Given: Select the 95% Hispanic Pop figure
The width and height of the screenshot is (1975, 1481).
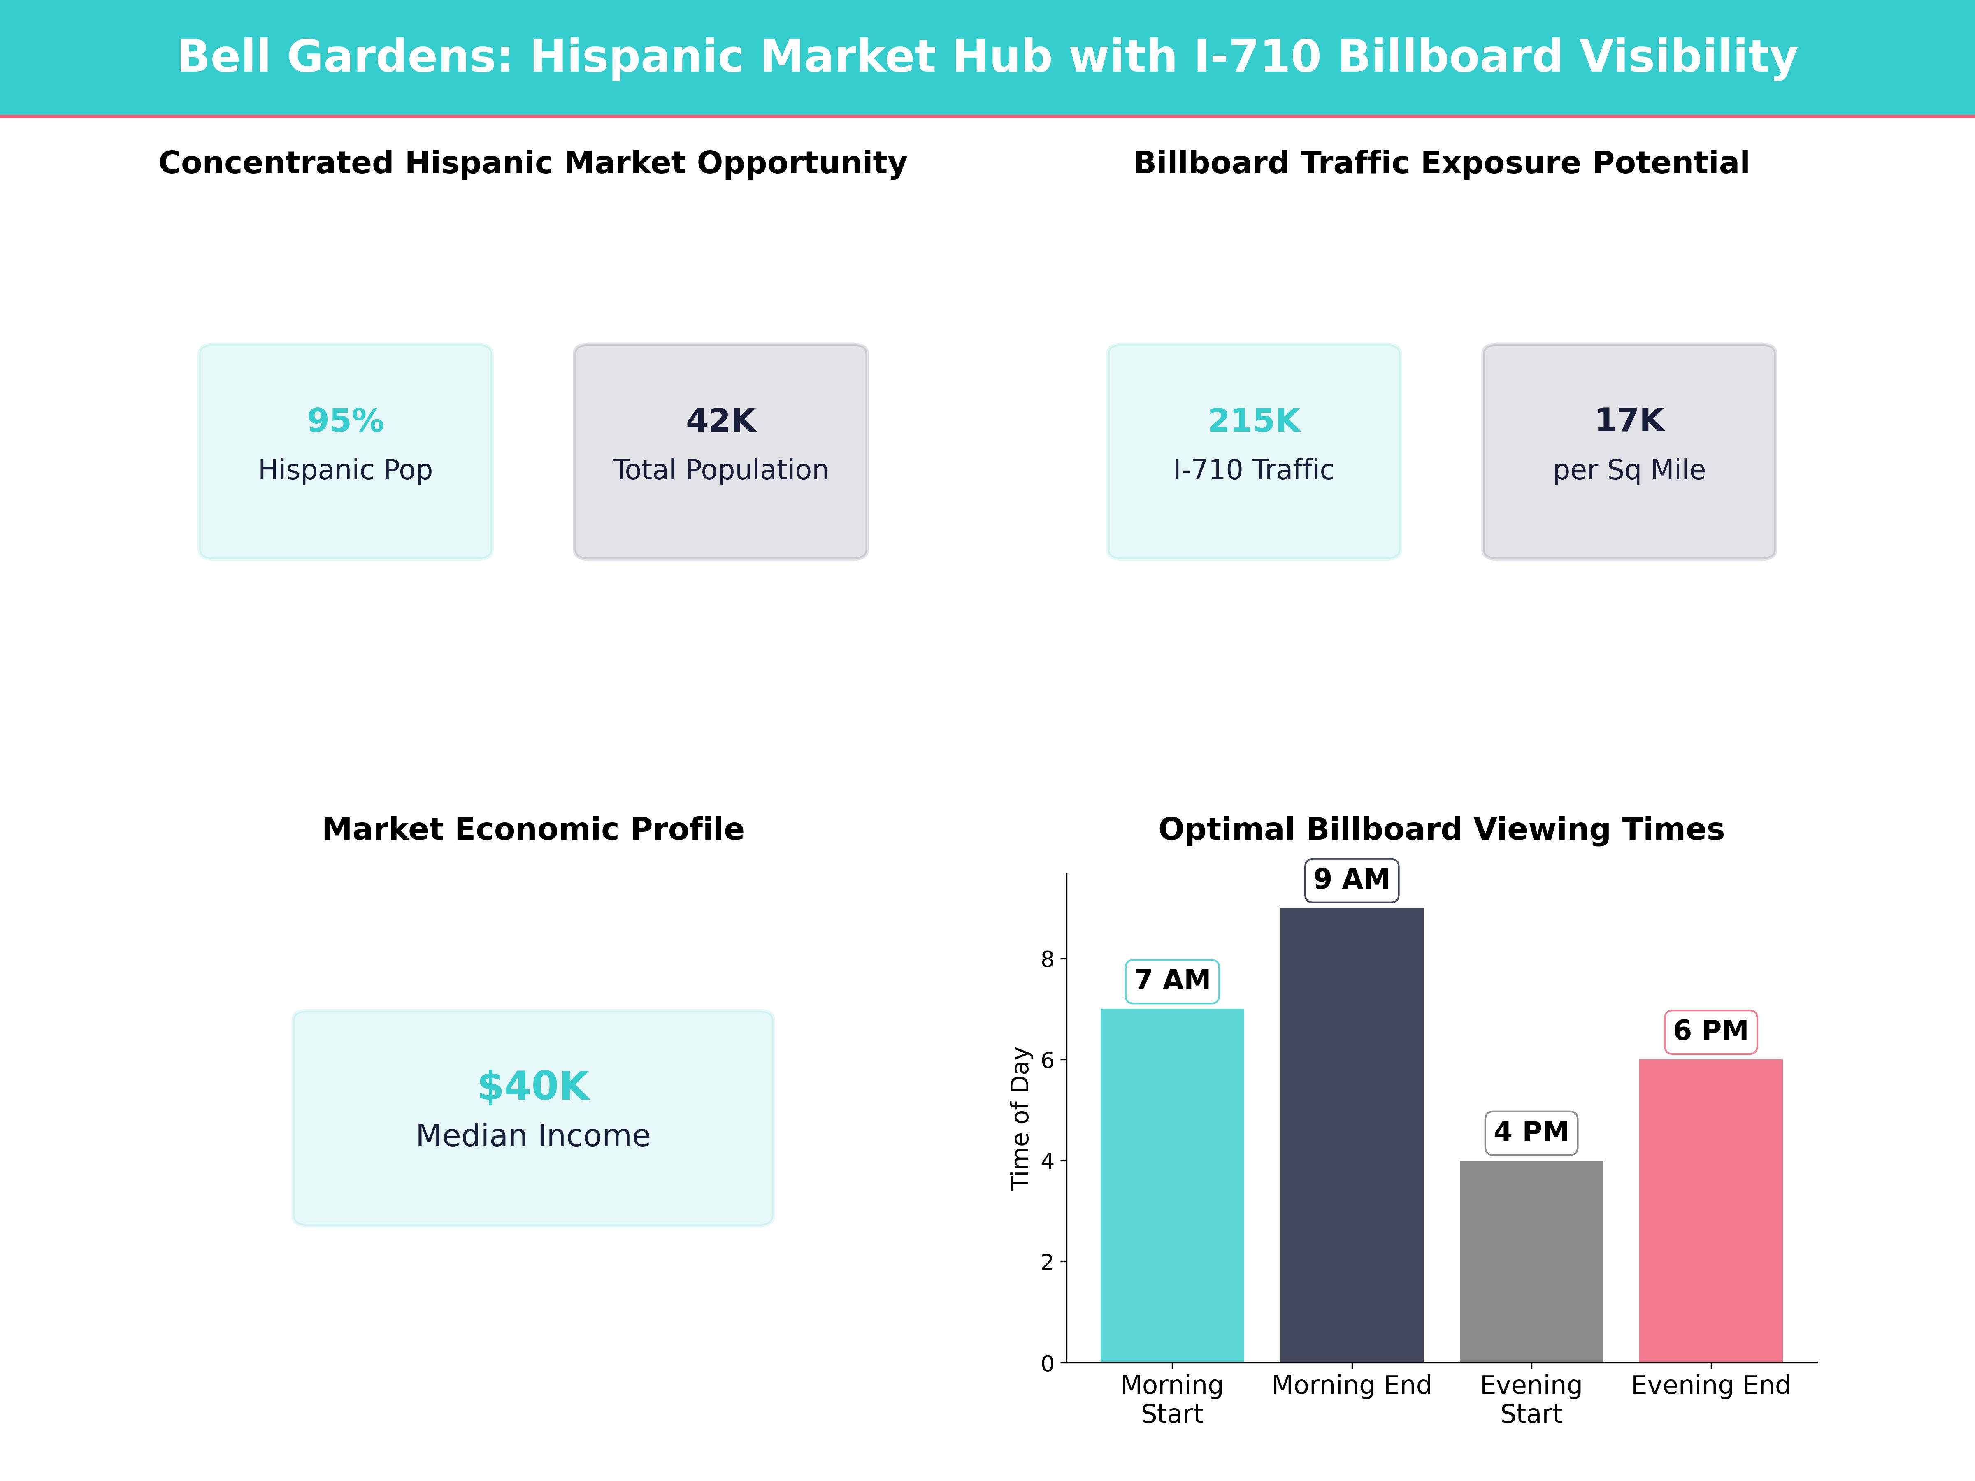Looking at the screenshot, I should tap(346, 420).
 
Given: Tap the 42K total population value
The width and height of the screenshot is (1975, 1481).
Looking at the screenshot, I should tap(720, 420).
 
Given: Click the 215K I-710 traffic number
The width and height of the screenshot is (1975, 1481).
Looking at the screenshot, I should tap(1254, 420).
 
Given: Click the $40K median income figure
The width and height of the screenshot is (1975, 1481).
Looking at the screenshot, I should tap(533, 1086).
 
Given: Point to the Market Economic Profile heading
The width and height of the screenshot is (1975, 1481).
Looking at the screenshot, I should tap(533, 829).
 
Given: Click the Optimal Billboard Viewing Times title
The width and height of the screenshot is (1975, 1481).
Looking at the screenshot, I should tap(1441, 829).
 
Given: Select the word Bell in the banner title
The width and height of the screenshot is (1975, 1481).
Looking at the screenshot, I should tap(223, 57).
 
